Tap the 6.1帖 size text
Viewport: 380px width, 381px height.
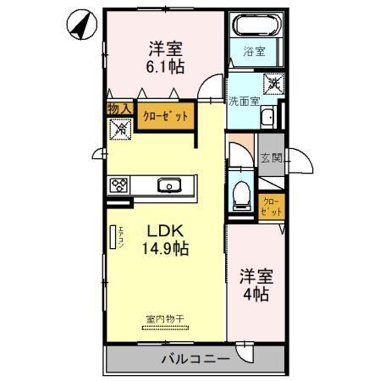tap(162, 67)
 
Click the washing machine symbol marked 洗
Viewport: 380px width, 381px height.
tap(274, 83)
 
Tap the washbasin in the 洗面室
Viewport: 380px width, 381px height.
tap(267, 117)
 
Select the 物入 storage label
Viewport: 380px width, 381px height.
tap(119, 108)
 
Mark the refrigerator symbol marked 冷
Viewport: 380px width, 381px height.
tap(119, 130)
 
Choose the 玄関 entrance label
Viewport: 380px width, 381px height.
tap(271, 157)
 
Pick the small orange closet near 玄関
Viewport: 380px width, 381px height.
tap(273, 205)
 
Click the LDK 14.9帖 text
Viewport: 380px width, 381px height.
tap(163, 240)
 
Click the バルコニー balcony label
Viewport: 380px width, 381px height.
tap(195, 359)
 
